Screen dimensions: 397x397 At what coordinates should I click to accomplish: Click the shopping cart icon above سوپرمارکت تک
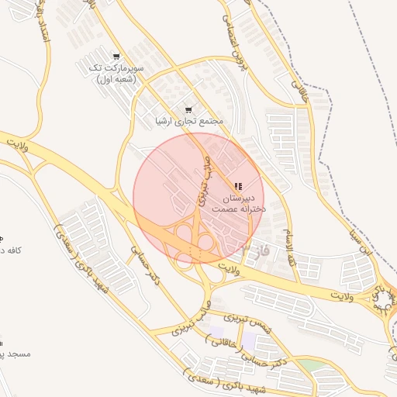click(x=116, y=57)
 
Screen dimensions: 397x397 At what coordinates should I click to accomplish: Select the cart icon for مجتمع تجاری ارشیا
click(x=188, y=109)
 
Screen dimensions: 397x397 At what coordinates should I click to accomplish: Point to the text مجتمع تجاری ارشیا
click(x=189, y=122)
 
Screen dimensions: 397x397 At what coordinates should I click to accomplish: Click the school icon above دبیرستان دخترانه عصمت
click(x=238, y=186)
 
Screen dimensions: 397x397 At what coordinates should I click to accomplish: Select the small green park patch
click(x=309, y=364)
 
